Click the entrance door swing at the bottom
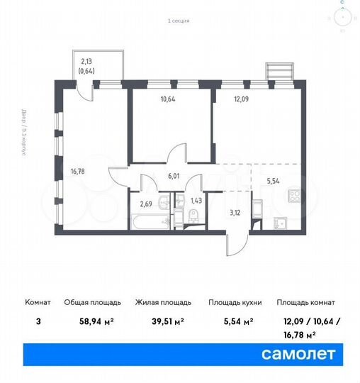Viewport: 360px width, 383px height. [x=234, y=243]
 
